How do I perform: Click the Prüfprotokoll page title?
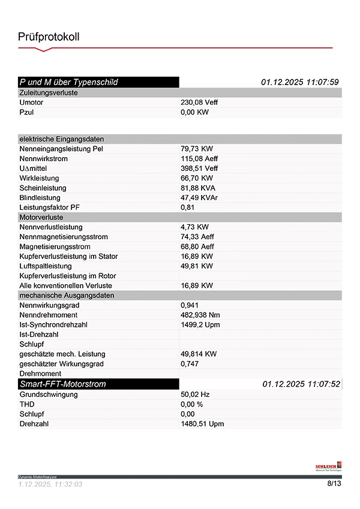pyautogui.click(x=49, y=37)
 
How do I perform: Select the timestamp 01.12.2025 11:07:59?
pyautogui.click(x=300, y=82)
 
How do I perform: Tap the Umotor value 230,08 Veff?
pyautogui.click(x=199, y=103)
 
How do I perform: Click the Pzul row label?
pyautogui.click(x=26, y=112)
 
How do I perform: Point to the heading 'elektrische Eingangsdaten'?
pyautogui.click(x=62, y=139)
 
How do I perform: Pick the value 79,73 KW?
pyautogui.click(x=197, y=149)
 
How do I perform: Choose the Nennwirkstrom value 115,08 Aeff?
pyautogui.click(x=199, y=159)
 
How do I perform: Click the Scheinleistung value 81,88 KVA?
pyautogui.click(x=199, y=188)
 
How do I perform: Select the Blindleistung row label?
pyautogui.click(x=40, y=197)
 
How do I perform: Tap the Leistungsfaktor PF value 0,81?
pyautogui.click(x=187, y=207)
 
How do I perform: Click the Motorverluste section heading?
pyautogui.click(x=41, y=217)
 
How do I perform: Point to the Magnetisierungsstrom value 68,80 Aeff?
pyautogui.click(x=197, y=246)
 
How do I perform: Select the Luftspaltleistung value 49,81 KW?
pyautogui.click(x=197, y=266)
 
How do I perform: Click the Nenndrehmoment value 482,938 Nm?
pyautogui.click(x=202, y=315)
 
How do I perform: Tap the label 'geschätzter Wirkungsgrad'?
pyautogui.click(x=61, y=364)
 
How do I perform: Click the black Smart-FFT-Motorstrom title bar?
pyautogui.click(x=98, y=384)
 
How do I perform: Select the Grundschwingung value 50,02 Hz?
pyautogui.click(x=195, y=394)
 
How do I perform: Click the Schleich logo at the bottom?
pyautogui.click(x=328, y=466)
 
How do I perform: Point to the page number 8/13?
pyautogui.click(x=334, y=483)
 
